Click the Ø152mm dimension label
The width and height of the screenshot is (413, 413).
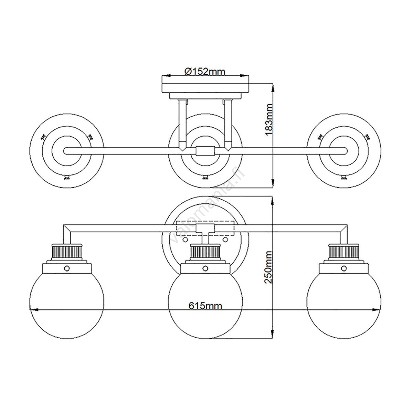coord(205,71)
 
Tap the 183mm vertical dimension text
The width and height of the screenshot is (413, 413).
coord(268,119)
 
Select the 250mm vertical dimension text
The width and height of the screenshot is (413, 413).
coord(268,267)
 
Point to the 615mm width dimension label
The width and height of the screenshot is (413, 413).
coord(205,306)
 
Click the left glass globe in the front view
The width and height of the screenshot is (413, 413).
coord(66,303)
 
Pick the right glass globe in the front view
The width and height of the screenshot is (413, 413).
coord(344,303)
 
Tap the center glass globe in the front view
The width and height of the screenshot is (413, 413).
coord(205,303)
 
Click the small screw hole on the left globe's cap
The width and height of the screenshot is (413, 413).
coord(66,268)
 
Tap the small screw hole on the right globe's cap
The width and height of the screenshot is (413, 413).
coord(344,268)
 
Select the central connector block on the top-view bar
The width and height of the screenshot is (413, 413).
coord(205,151)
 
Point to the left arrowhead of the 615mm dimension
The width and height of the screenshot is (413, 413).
coord(34,310)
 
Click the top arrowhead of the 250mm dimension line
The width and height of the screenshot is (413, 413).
coord(273,201)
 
